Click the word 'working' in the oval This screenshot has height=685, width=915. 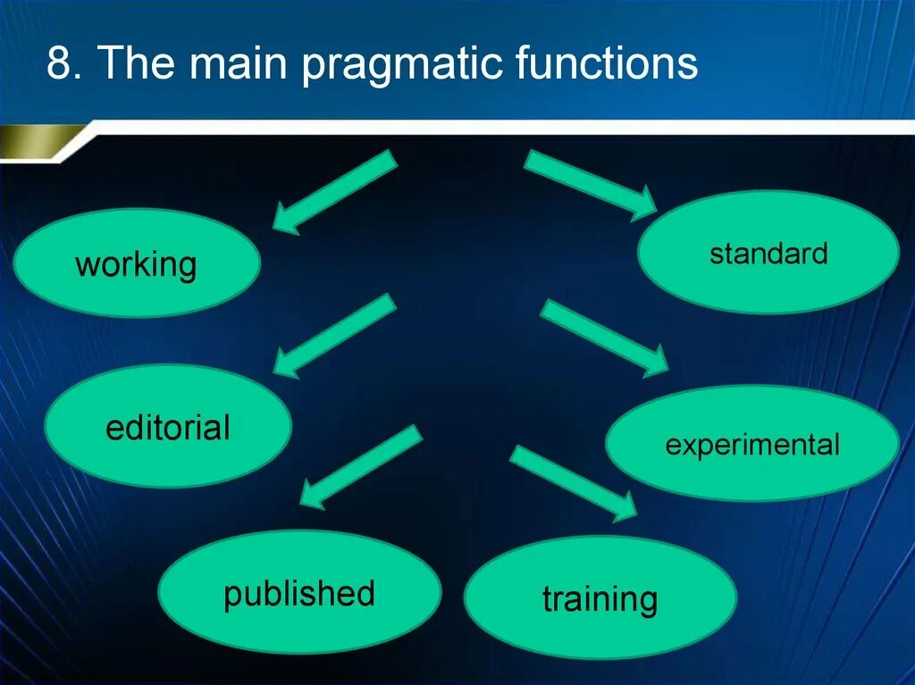click(x=136, y=265)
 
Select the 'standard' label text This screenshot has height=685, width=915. click(x=768, y=254)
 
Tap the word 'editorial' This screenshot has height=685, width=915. click(x=168, y=428)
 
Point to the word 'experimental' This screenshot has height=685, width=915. click(x=752, y=445)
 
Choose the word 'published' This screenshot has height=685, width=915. click(x=299, y=594)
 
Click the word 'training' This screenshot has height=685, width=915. click(x=600, y=599)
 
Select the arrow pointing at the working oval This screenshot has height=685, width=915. click(x=335, y=192)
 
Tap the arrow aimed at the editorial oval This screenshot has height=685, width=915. click(x=335, y=335)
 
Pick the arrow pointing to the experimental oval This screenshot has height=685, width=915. click(x=604, y=338)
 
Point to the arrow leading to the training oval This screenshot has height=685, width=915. click(x=573, y=482)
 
